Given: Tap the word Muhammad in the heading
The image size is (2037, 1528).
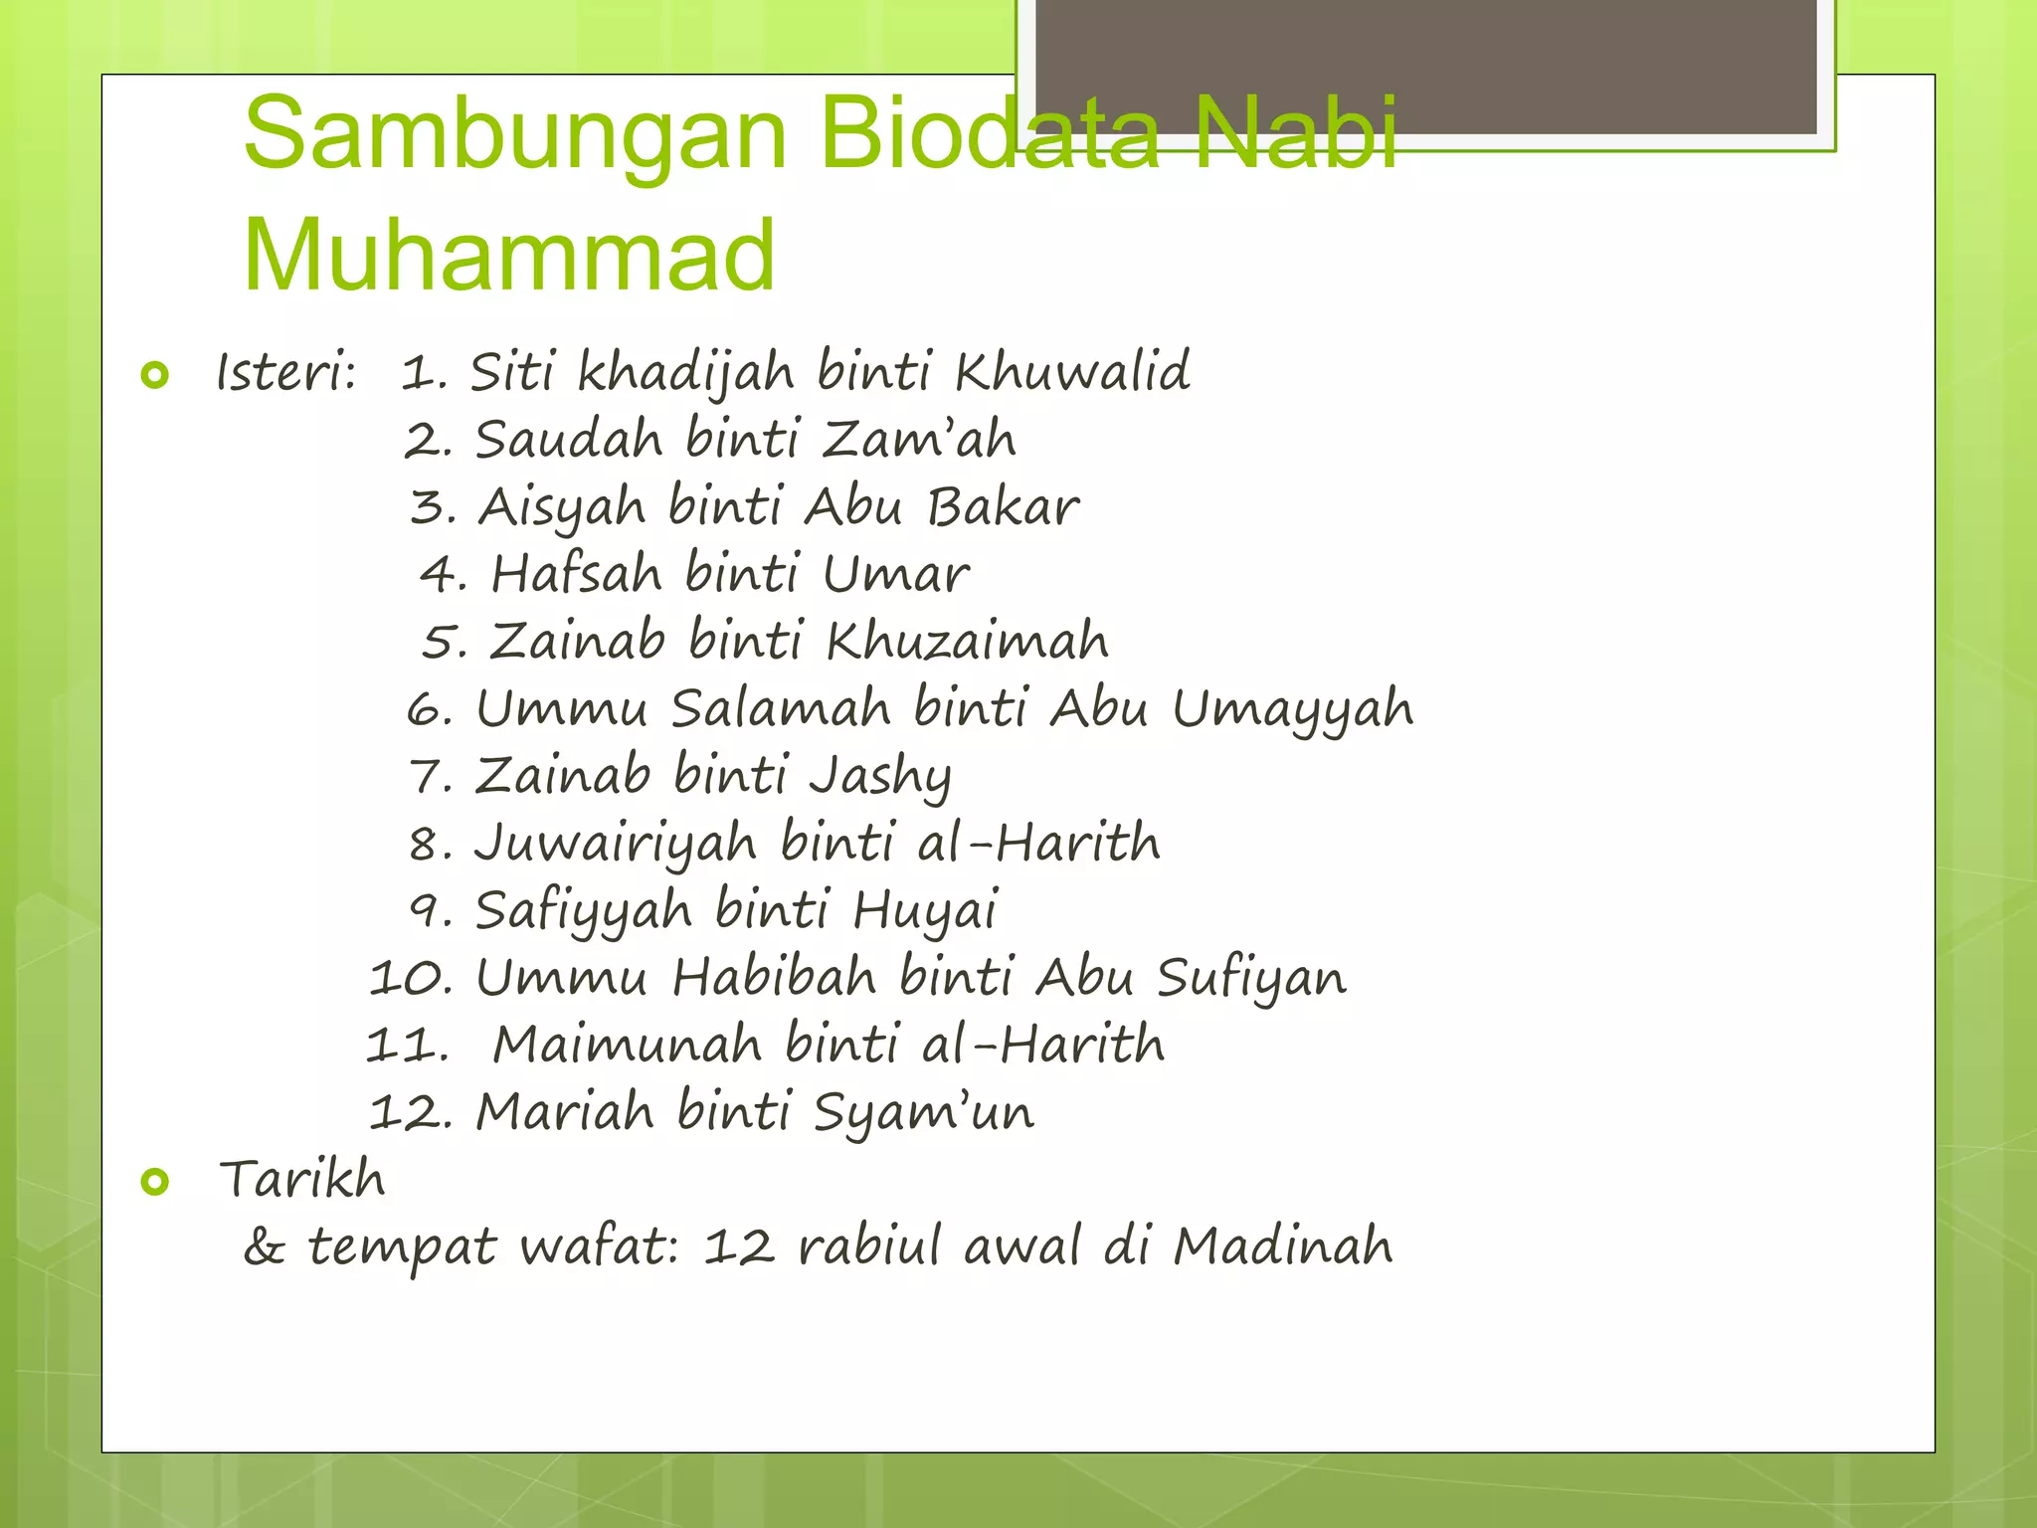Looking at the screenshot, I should pos(508,255).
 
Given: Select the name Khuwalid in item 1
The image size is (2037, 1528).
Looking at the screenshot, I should pos(1071,372).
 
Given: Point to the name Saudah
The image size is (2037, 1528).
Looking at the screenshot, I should pos(568,439).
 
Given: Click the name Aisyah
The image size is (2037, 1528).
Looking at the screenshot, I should pos(561,507).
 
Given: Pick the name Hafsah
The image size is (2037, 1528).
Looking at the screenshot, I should pos(576,574).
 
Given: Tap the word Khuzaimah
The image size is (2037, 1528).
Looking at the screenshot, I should pos(967,640).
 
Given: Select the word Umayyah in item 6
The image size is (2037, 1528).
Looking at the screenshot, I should pos(1292,709).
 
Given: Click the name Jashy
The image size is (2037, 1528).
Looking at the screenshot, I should pos(879,776).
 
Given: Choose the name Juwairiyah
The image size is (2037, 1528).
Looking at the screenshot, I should pos(615,844).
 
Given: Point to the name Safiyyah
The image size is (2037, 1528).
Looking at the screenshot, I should pos(583,911).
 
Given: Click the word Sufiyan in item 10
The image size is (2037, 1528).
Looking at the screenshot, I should pos(1250,978).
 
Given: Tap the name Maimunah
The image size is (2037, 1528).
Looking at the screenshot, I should pos(627,1045).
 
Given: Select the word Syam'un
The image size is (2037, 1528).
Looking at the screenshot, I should pos(923,1112).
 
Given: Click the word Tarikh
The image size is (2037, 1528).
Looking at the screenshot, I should pos(301,1179).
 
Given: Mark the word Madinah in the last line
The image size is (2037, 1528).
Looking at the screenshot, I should pos(1283,1245).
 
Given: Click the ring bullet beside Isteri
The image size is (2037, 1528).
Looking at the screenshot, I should pos(155,375).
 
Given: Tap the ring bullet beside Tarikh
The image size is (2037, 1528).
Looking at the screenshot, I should pos(155,1181).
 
